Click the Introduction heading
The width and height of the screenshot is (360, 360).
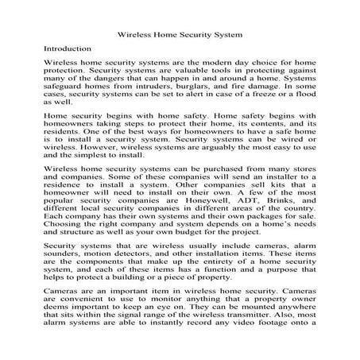[66, 48]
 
